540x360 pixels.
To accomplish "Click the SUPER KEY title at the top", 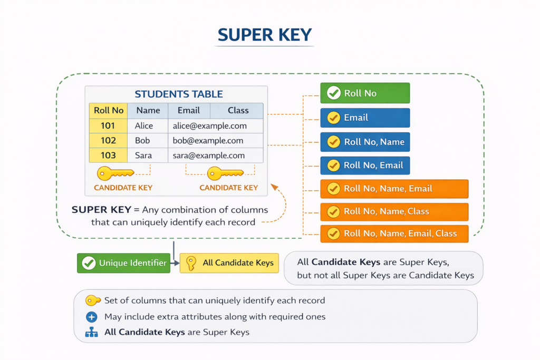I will tap(265, 35).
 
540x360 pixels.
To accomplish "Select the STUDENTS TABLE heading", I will tap(179, 94).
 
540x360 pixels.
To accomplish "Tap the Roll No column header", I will tap(109, 111).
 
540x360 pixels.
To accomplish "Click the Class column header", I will tap(238, 111).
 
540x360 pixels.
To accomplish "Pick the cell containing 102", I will tap(108, 141).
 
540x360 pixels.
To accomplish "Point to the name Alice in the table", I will tap(144, 126).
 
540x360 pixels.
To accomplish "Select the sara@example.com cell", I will tap(209, 155).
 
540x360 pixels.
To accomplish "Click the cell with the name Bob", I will tap(142, 141).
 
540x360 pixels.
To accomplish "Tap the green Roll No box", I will tap(365, 93).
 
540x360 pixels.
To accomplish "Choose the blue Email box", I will tap(365, 118).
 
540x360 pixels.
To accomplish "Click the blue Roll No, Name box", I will tap(365, 142).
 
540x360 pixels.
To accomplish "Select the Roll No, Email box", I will tap(365, 166).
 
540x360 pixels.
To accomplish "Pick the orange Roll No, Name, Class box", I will tap(394, 211).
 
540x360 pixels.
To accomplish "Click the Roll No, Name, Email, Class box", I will tap(394, 233).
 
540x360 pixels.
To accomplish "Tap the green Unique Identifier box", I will tap(123, 263).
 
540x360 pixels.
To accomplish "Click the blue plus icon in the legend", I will tap(92, 317).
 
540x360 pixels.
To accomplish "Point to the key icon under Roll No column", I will tap(115, 173).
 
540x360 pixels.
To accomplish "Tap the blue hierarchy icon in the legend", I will tap(92, 333).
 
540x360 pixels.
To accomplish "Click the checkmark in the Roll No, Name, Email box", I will tap(333, 189).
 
